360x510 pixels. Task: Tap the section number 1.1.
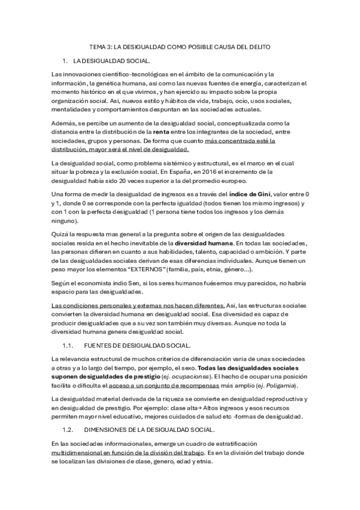click(68, 345)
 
